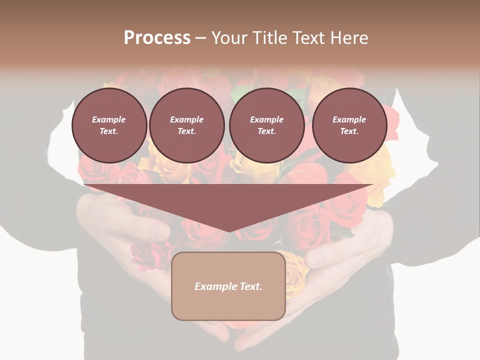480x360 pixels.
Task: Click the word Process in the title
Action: pyautogui.click(x=157, y=38)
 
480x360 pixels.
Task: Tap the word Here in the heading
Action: pyautogui.click(x=349, y=38)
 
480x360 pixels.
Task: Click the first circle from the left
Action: pyautogui.click(x=109, y=125)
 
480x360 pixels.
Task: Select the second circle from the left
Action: pyautogui.click(x=187, y=125)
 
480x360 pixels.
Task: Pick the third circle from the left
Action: pyautogui.click(x=266, y=125)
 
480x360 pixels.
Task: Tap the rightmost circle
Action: pyautogui.click(x=349, y=125)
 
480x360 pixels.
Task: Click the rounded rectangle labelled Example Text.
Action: pyautogui.click(x=228, y=286)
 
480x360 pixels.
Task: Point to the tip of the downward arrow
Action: pyautogui.click(x=229, y=231)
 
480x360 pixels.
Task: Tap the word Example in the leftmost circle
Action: pyautogui.click(x=109, y=119)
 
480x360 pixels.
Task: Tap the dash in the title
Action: pyautogui.click(x=200, y=38)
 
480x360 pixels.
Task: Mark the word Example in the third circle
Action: pyautogui.click(x=266, y=119)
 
